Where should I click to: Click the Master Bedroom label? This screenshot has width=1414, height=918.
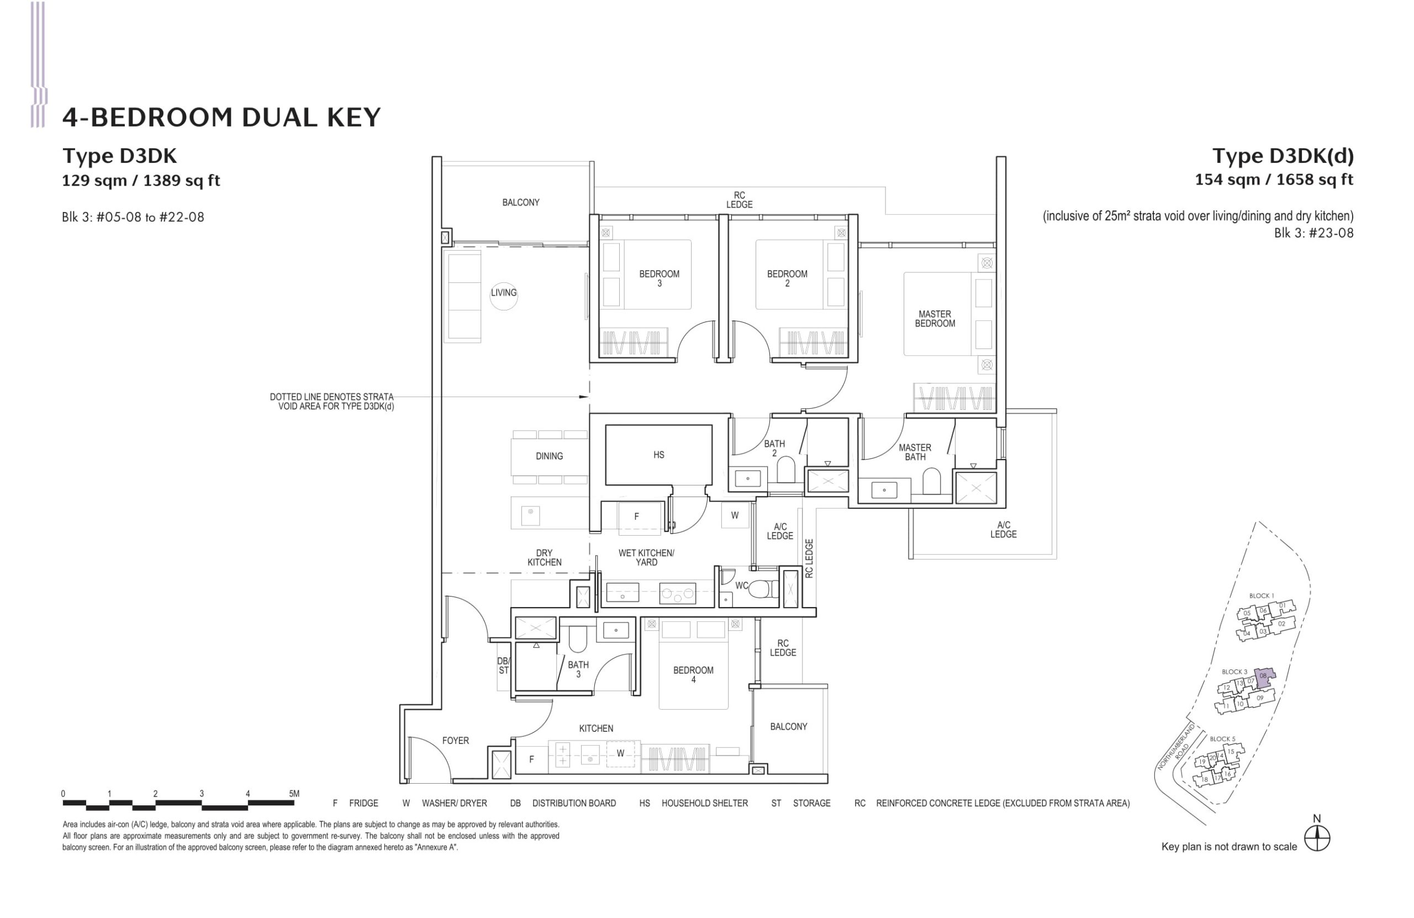[935, 319]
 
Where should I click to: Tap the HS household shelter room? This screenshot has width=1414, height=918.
[658, 455]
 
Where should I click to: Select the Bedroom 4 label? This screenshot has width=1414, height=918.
[693, 674]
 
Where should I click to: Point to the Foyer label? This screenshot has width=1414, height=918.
[455, 740]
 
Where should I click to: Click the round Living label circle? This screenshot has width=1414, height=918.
[503, 293]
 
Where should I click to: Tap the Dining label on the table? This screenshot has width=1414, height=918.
[549, 456]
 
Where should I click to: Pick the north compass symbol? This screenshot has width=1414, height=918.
[1317, 838]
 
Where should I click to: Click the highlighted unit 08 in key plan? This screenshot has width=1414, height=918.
[1263, 676]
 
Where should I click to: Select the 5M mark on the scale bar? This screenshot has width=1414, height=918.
[293, 794]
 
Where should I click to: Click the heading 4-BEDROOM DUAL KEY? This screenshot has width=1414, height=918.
[221, 117]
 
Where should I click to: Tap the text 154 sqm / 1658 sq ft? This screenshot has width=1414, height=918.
[1274, 180]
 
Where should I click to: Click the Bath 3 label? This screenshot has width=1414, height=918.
[578, 669]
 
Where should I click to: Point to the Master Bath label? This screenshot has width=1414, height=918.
[915, 452]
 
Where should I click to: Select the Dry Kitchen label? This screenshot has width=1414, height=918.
[544, 557]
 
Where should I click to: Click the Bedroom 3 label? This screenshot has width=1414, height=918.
[659, 278]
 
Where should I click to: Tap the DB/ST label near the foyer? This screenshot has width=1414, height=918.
[503, 666]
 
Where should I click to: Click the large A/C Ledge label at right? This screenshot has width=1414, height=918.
[1004, 529]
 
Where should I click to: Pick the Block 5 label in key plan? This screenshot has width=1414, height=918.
[1222, 739]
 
